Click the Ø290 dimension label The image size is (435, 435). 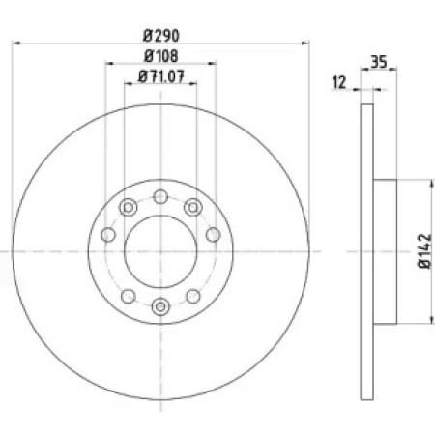160,36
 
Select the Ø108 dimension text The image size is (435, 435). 160,56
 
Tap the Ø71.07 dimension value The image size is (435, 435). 161,76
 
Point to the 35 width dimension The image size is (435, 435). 378,62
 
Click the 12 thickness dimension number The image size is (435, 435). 339,82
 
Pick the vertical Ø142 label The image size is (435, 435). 424,250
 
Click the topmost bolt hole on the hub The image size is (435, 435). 160,196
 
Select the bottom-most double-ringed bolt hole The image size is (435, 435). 160,306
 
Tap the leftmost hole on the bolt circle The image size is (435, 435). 108,235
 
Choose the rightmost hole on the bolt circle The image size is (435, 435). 213,235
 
